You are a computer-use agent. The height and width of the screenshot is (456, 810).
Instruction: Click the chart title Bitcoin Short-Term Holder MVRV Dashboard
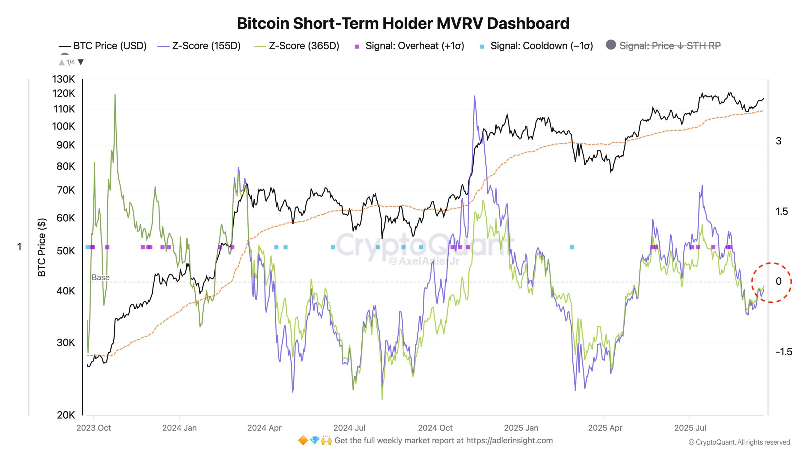pos(403,23)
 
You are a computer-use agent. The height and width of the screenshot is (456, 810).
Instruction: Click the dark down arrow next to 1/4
pos(81,62)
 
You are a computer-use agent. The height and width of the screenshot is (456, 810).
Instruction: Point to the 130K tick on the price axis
pos(64,79)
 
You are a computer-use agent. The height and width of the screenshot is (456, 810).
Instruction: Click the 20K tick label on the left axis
pos(66,415)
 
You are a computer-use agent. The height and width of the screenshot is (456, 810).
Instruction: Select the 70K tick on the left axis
pos(66,190)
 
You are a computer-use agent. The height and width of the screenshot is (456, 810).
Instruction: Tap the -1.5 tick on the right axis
pos(784,352)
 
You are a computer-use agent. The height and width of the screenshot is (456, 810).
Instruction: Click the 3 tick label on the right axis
pos(778,141)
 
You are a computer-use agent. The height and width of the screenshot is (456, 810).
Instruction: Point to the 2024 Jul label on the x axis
pos(349,428)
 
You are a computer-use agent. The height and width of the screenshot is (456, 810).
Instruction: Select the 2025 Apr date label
pos(605,428)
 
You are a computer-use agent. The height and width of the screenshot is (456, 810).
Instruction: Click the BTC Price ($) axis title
pos(42,247)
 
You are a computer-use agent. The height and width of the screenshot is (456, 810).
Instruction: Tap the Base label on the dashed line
pos(101,277)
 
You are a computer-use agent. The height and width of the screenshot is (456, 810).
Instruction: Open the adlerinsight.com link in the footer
pos(509,440)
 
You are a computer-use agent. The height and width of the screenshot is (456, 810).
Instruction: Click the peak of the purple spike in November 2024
pos(474,96)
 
